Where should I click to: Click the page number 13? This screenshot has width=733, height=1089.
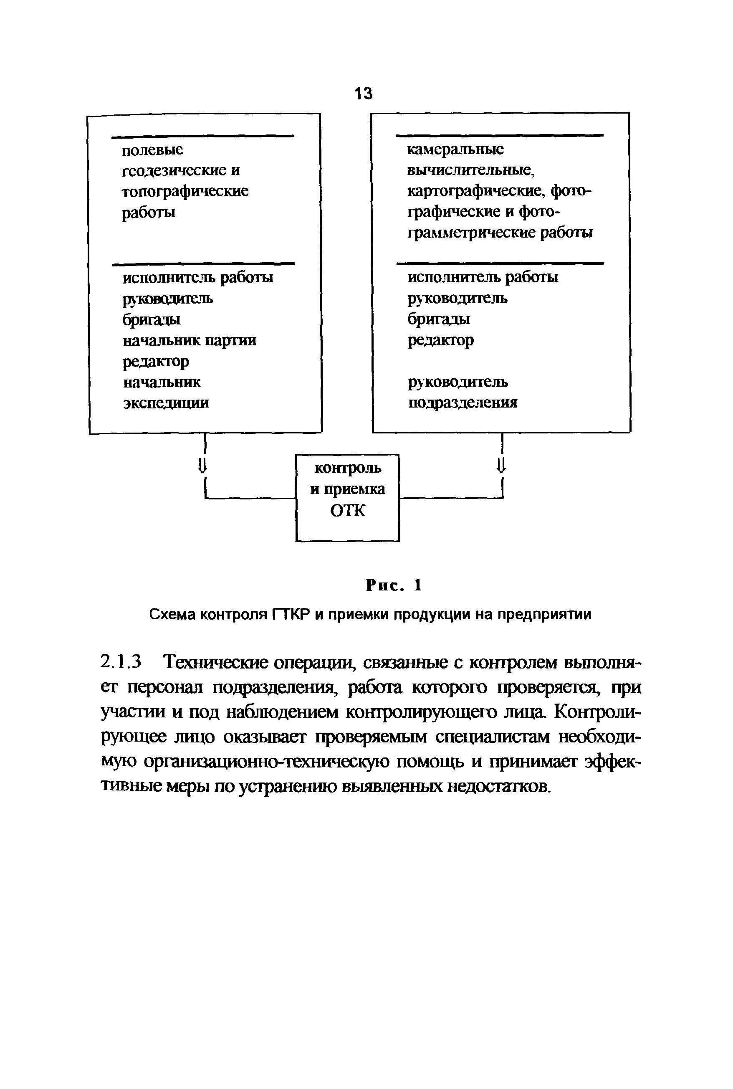tap(364, 94)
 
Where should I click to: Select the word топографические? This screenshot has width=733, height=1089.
tap(185, 191)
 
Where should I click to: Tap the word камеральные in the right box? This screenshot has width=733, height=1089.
tap(455, 149)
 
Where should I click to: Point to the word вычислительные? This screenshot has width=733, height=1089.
tap(471, 170)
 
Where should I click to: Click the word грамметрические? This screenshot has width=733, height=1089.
tap(471, 233)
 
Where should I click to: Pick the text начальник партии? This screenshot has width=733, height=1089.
tap(190, 340)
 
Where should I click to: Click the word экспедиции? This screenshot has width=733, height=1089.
tap(166, 403)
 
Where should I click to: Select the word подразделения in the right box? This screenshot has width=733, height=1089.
tap(463, 403)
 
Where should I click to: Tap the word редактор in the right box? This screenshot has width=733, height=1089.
tap(441, 340)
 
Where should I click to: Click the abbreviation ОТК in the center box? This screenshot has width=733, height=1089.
tap(347, 511)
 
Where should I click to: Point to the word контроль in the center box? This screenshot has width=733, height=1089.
tap(347, 468)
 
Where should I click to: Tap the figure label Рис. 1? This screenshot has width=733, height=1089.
tap(394, 585)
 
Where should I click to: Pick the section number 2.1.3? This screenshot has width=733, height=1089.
tap(121, 663)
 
